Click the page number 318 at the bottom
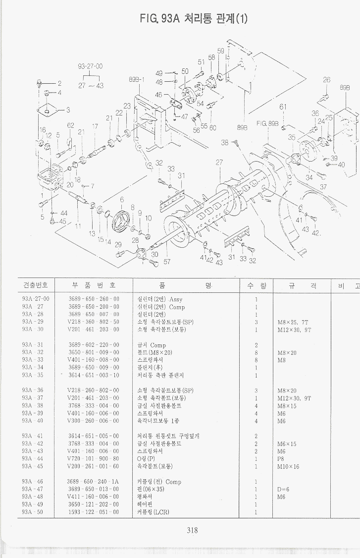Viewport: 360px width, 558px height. click(192, 531)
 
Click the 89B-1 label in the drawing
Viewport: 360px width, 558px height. click(136, 79)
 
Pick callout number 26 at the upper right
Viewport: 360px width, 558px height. click(326, 79)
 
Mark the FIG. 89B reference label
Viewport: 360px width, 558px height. click(267, 123)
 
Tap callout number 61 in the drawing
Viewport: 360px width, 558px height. click(283, 107)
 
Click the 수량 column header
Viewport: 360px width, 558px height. click(256, 285)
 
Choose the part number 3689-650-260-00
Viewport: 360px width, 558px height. click(94, 299)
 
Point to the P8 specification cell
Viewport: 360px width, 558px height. click(282, 458)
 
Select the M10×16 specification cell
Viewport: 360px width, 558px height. click(288, 466)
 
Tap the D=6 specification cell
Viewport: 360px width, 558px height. click(283, 489)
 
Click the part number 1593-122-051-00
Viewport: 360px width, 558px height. click(94, 512)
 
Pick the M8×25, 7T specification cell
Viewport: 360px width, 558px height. click(294, 322)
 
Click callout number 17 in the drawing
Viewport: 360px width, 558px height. click(94, 127)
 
